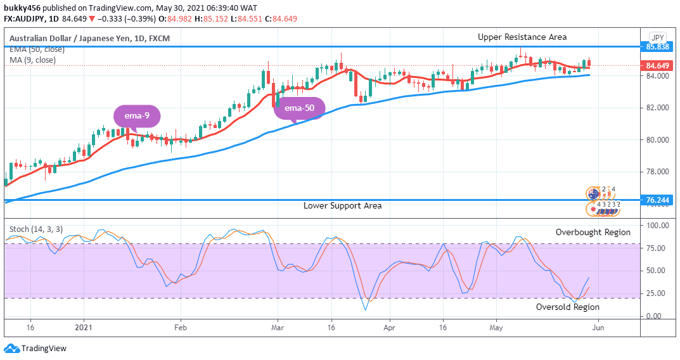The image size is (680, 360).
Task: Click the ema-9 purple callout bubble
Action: (137, 116)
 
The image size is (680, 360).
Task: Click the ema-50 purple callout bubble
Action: (299, 108)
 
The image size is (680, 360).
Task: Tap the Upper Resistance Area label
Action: (522, 37)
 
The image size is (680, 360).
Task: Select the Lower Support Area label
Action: (342, 206)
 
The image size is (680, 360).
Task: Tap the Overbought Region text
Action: (593, 233)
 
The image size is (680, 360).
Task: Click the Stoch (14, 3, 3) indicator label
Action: (36, 229)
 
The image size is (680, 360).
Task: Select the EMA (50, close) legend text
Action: (37, 50)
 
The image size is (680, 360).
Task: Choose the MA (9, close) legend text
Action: (32, 60)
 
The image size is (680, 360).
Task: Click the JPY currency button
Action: (657, 37)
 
